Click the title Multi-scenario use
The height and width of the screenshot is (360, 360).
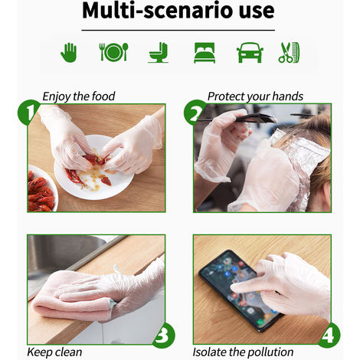click(179, 11)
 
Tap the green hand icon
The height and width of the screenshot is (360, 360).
click(70, 52)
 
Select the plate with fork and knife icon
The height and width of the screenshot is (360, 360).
click(113, 52)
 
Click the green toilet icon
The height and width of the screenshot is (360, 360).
click(159, 52)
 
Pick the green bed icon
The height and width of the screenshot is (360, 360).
click(204, 53)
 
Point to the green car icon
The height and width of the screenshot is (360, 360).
click(249, 53)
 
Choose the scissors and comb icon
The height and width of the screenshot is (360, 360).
click(289, 53)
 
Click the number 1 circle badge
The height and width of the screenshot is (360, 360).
click(28, 113)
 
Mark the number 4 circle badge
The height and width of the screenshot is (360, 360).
click(329, 335)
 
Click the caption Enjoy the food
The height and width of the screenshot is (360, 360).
click(79, 97)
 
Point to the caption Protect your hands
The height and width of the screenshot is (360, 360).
click(255, 97)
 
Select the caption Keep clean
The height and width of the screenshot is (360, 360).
click(54, 352)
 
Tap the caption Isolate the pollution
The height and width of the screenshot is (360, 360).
click(243, 352)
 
